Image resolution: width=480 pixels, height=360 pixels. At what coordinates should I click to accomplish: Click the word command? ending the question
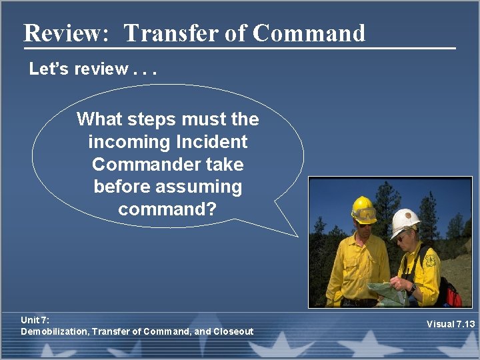(x=167, y=209)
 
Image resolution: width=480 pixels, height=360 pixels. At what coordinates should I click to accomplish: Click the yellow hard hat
(x=363, y=206)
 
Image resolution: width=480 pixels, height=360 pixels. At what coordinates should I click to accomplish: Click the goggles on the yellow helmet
(x=365, y=215)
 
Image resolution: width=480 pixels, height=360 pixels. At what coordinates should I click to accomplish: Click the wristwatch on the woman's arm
(x=413, y=287)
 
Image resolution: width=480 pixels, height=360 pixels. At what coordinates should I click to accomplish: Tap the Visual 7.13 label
(x=451, y=324)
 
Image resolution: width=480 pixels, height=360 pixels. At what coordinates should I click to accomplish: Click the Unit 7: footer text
(x=35, y=321)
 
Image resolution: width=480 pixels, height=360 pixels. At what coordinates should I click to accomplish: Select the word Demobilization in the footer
(x=54, y=331)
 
